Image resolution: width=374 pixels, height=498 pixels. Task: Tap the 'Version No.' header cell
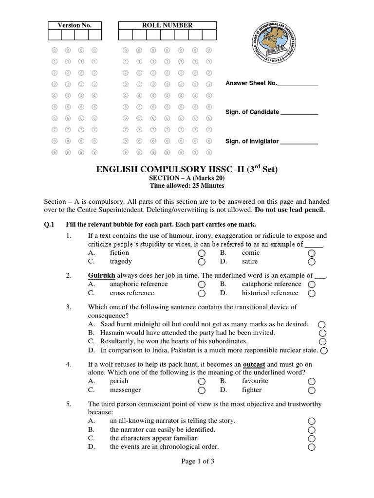coord(75,25)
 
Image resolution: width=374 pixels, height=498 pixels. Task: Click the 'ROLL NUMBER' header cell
coord(167,25)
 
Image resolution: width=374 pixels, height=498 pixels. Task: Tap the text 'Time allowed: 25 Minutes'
coord(187,185)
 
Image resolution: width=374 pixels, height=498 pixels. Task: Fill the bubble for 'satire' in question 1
coord(312,262)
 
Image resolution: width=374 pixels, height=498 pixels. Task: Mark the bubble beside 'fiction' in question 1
coord(202,253)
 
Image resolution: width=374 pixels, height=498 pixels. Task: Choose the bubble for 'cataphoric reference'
coord(312,285)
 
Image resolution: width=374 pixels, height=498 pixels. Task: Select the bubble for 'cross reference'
coord(202,293)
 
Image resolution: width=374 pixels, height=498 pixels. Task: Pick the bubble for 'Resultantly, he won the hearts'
coord(322,342)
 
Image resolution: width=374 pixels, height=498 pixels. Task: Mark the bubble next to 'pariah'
coord(202,382)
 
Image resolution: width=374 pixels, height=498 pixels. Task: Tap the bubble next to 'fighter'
coord(312,391)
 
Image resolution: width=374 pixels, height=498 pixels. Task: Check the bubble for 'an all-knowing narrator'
coord(312,421)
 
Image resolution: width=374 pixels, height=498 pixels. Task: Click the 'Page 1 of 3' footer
coord(187,462)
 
